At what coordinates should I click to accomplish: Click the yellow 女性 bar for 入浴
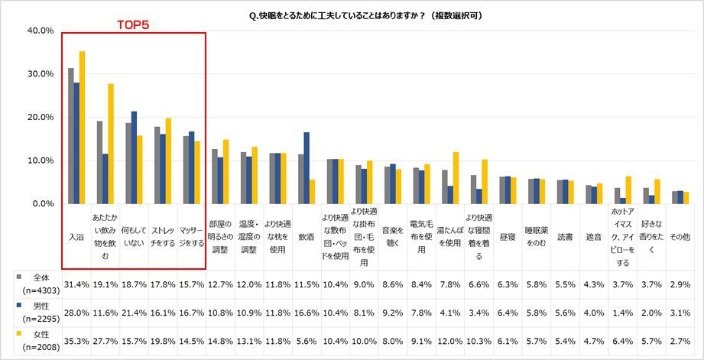(82, 128)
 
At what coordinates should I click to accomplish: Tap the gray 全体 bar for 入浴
(71, 136)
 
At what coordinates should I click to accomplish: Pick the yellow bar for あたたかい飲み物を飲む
(111, 144)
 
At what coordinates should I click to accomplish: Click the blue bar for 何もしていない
(135, 157)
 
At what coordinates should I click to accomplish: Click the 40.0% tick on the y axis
(40, 31)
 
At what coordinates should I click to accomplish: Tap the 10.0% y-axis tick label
(40, 161)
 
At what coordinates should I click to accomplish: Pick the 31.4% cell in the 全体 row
(76, 284)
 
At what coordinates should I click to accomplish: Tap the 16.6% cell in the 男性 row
(307, 313)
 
